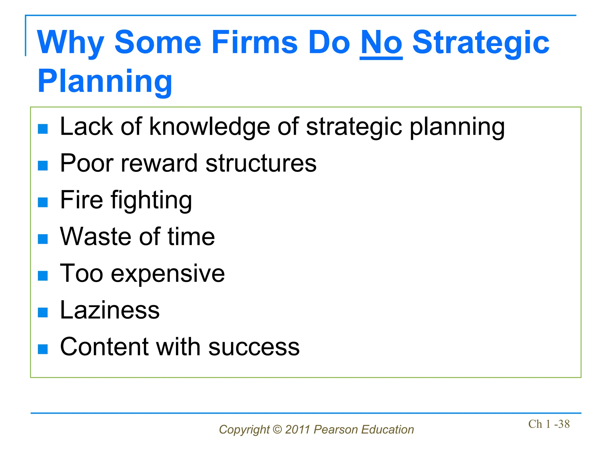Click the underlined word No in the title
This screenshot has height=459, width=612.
pos(381,43)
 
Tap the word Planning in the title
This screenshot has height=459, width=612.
pos(105,82)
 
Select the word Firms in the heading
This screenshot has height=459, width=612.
pos(255,43)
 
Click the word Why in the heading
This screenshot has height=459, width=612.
pos(71,43)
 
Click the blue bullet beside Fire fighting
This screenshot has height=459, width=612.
pos(43,202)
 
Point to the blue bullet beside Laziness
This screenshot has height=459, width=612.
pos(43,312)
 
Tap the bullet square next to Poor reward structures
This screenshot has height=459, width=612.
pos(43,166)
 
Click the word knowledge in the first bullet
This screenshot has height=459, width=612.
pos(209,127)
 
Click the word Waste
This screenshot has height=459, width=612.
pos(96,237)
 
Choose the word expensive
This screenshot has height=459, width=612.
pos(168,274)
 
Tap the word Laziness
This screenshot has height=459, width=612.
pos(110,310)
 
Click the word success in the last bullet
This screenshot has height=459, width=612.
pos(254,347)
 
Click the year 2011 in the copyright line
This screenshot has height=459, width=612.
pos(297,430)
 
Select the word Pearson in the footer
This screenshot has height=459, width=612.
pos(336,430)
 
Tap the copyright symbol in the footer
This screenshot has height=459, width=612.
pos(277,430)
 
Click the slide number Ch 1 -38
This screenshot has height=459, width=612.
pos(549,424)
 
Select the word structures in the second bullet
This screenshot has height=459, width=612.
pos(261,163)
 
